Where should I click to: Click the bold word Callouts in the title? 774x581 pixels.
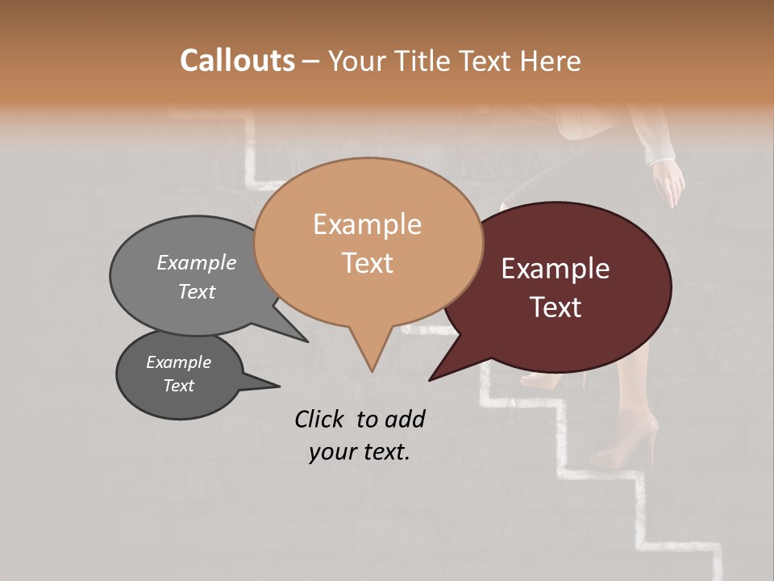coord(237,61)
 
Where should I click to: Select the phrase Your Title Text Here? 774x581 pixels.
coord(455,61)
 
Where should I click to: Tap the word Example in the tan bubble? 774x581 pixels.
coord(367,224)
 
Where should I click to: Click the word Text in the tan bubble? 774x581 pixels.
coord(367,263)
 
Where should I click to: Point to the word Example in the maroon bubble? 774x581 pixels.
coord(556,269)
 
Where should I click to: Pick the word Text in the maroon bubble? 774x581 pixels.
coord(556,307)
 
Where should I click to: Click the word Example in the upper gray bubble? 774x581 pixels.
coord(197,262)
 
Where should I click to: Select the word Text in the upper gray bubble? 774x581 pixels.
coord(197,291)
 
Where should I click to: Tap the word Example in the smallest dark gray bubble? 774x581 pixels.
coord(178,362)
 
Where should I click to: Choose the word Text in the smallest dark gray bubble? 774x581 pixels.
coord(178,386)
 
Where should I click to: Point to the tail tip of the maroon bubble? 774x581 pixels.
coord(431,379)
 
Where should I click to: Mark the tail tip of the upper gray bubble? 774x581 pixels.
coord(306,341)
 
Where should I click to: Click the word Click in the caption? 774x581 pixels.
coord(320,419)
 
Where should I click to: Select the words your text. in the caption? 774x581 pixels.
coord(359,452)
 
